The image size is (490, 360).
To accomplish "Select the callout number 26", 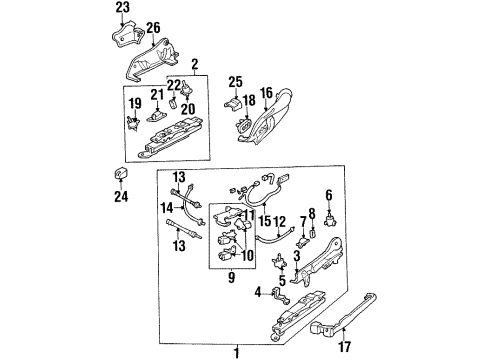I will click(x=152, y=27).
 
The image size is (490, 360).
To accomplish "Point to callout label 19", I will click(x=135, y=103).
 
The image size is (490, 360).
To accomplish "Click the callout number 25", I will click(x=235, y=80).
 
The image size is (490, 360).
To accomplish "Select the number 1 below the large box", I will click(x=235, y=352).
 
